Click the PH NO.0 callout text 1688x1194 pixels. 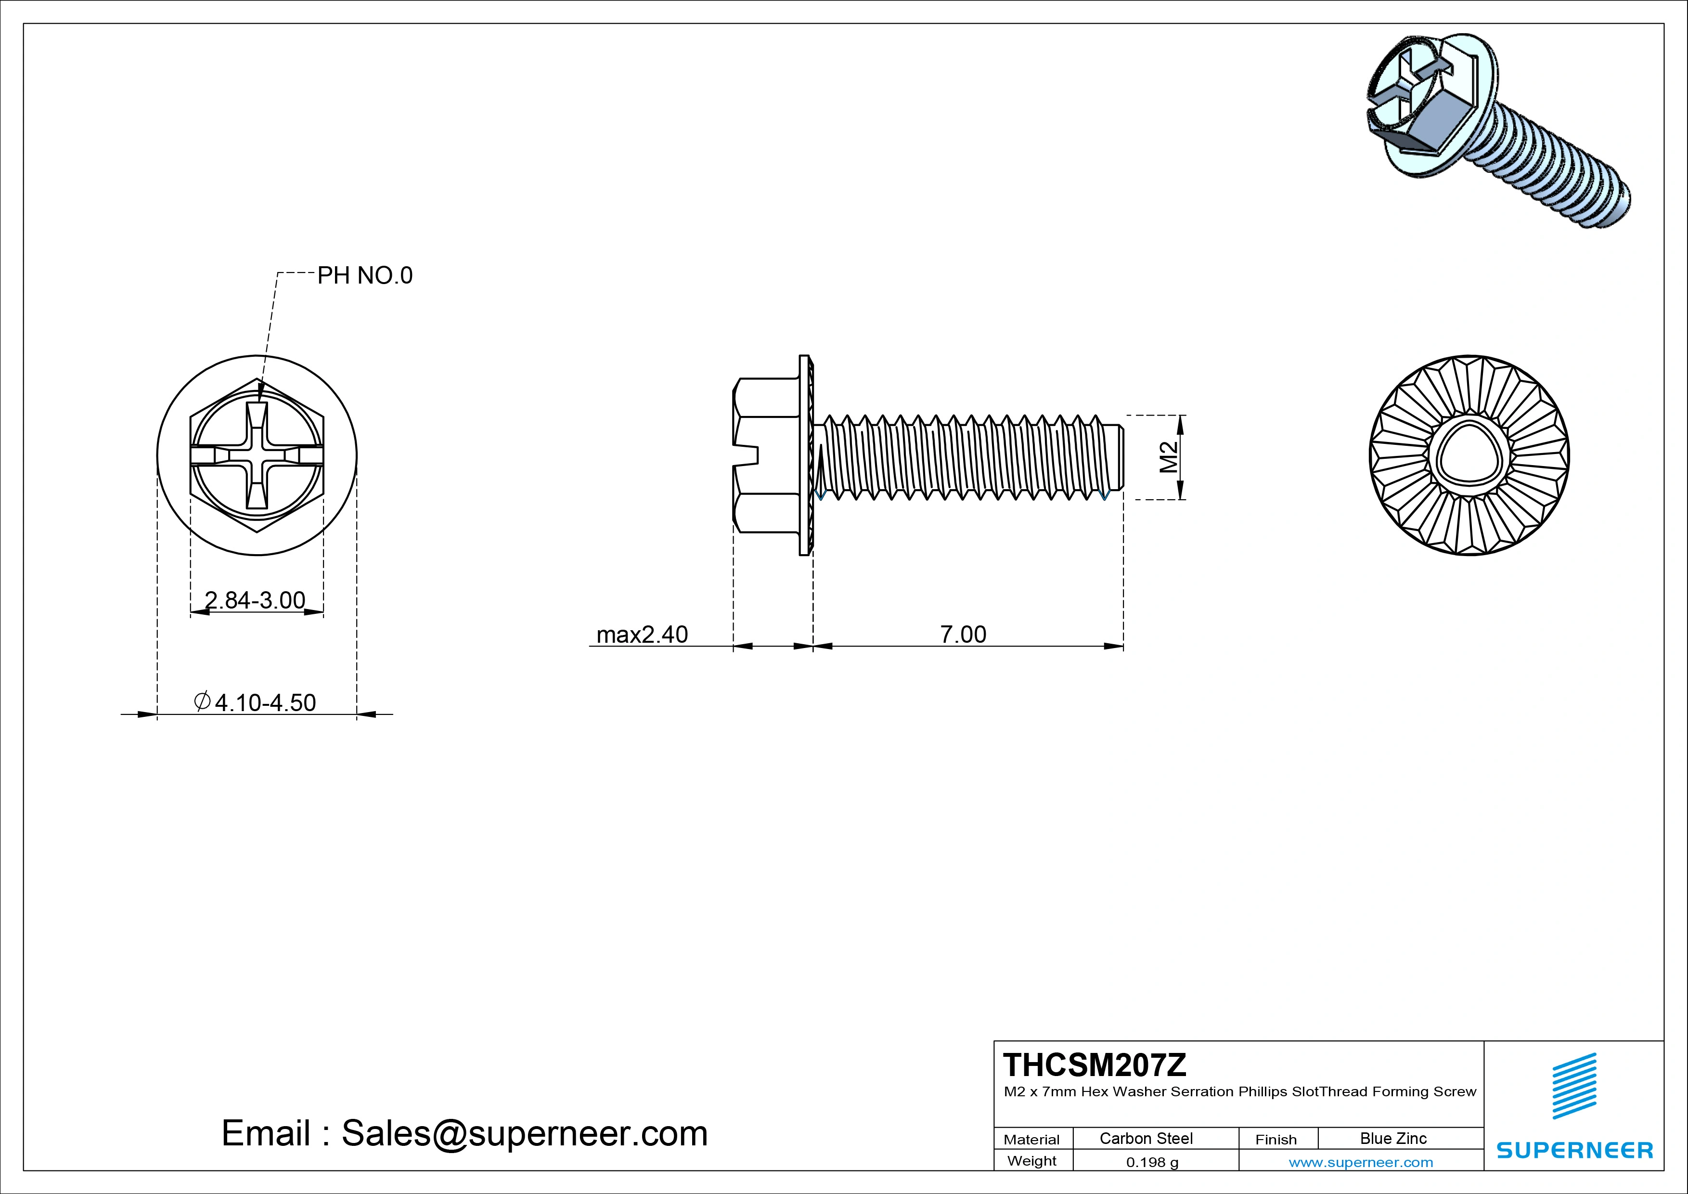point(365,276)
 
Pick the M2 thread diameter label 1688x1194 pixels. point(1169,457)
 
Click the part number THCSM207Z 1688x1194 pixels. point(1095,1064)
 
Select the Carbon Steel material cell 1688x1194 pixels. point(1146,1138)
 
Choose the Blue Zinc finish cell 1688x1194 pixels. point(1393,1138)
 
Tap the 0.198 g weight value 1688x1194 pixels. point(1152,1162)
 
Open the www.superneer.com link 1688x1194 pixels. point(1361,1162)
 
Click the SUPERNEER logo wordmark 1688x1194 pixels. point(1575,1150)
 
